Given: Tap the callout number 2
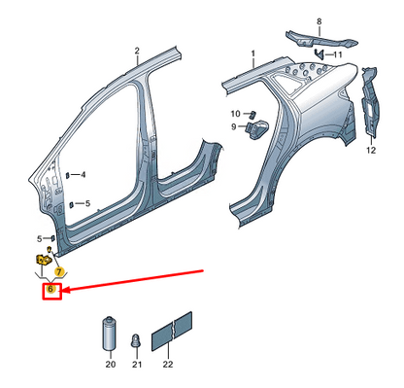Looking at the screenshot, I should pos(137,51).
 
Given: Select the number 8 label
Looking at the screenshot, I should pos(318,19).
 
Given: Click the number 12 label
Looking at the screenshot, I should pos(370,151).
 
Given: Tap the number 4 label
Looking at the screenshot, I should pos(84,175).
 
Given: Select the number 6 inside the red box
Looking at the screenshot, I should pos(51,290).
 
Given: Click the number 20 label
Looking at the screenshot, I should pos(110,364).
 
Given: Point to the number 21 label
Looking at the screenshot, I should pos(137,364).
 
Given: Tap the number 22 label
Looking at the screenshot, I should pos(167,364).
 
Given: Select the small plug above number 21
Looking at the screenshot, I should pos(137,339).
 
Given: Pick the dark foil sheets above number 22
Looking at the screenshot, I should pos(174,329).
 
